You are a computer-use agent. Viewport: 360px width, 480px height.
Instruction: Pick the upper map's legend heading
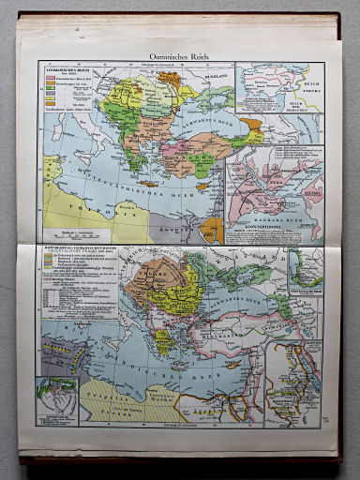point(61,68)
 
